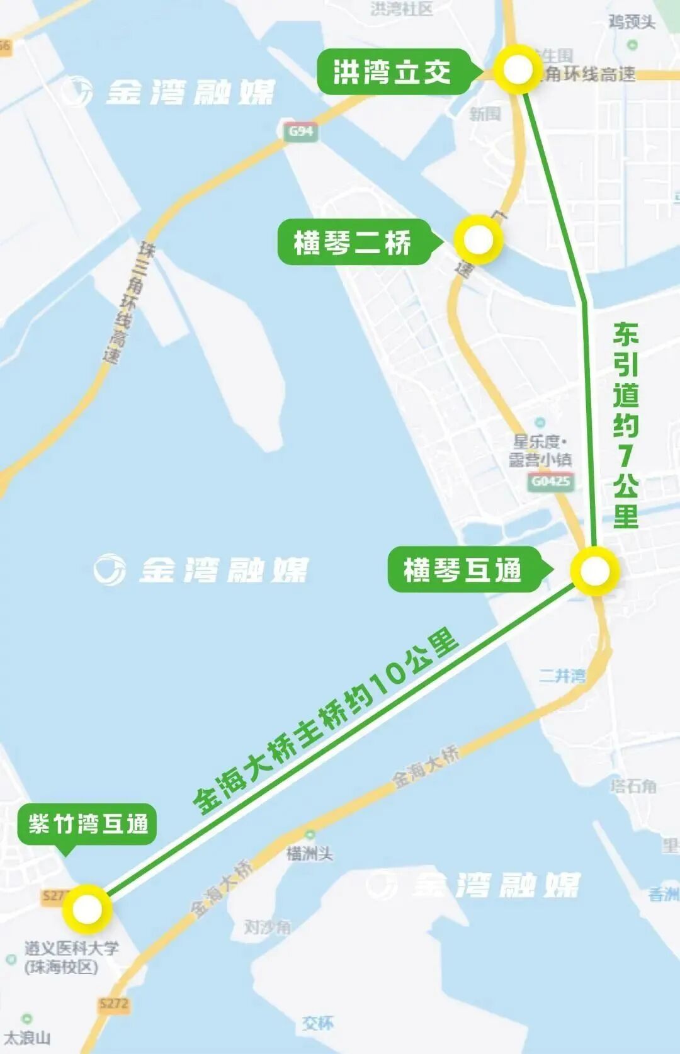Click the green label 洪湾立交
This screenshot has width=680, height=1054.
(392, 72)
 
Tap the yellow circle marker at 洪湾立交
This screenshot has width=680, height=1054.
(518, 69)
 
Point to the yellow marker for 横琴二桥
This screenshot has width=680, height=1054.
(478, 239)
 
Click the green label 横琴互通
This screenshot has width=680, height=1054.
(463, 570)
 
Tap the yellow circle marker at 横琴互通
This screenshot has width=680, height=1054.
(594, 571)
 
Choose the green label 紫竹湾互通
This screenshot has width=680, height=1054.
(88, 824)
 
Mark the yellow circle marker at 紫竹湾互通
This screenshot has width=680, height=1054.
(87, 909)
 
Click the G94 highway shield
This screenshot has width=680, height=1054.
(300, 131)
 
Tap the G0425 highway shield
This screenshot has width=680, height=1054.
(551, 482)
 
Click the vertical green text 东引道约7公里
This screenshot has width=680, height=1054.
(625, 425)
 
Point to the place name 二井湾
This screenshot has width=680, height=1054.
(562, 676)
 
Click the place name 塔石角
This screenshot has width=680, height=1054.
(633, 786)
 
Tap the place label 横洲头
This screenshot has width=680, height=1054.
(309, 853)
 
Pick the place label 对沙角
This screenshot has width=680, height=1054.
(267, 927)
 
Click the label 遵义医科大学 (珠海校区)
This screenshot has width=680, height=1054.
(71, 957)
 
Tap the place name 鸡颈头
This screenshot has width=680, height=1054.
(632, 23)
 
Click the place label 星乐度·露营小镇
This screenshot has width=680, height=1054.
(540, 450)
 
